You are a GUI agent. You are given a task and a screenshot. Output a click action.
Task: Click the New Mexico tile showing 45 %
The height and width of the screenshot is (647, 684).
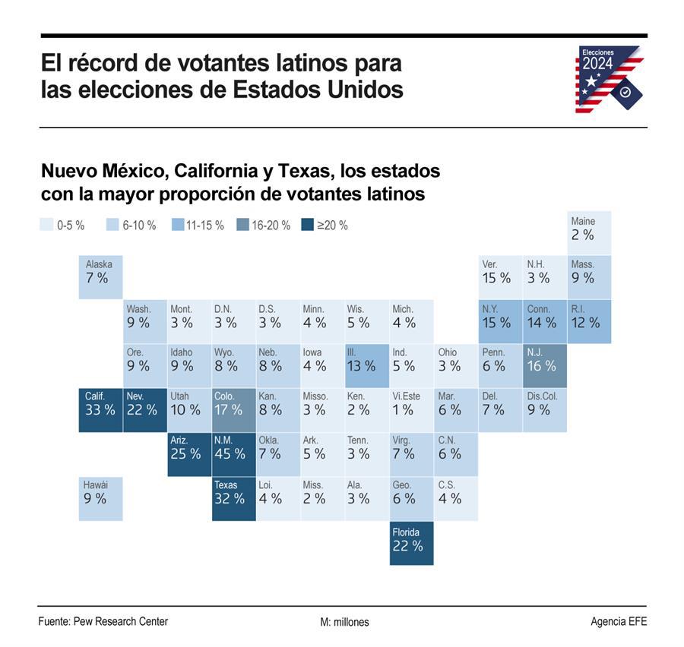234,454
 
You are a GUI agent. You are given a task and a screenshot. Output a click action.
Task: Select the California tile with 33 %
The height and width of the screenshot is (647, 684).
100,410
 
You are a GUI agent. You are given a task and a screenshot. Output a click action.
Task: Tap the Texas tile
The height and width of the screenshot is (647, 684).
234,498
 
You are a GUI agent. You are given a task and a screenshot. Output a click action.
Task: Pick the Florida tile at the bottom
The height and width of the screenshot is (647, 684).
412,543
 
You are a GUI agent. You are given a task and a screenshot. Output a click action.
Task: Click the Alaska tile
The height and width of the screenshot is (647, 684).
100,277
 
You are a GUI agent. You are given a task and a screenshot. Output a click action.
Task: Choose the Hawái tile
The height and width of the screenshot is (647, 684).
100,498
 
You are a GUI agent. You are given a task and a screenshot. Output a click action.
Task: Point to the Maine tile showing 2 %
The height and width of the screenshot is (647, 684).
589,232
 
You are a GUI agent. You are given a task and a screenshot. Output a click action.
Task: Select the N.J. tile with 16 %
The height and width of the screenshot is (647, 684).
545,366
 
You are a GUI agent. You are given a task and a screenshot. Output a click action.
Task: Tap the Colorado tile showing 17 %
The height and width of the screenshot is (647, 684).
234,410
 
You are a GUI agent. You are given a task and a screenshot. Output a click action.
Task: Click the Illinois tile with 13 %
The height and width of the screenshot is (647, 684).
367,366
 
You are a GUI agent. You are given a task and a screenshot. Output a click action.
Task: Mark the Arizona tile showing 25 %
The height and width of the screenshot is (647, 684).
189,454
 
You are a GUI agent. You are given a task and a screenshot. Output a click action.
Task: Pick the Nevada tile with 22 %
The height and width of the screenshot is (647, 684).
144,410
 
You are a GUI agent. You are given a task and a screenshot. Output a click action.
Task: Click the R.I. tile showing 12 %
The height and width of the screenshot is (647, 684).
589,321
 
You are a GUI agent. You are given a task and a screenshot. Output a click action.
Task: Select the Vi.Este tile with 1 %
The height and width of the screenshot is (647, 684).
412,410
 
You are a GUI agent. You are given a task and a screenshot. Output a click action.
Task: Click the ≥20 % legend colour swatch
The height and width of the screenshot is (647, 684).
307,225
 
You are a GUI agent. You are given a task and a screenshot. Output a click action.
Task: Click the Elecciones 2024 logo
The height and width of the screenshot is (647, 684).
609,79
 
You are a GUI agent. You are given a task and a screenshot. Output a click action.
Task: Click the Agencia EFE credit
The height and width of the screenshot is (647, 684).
619,621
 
